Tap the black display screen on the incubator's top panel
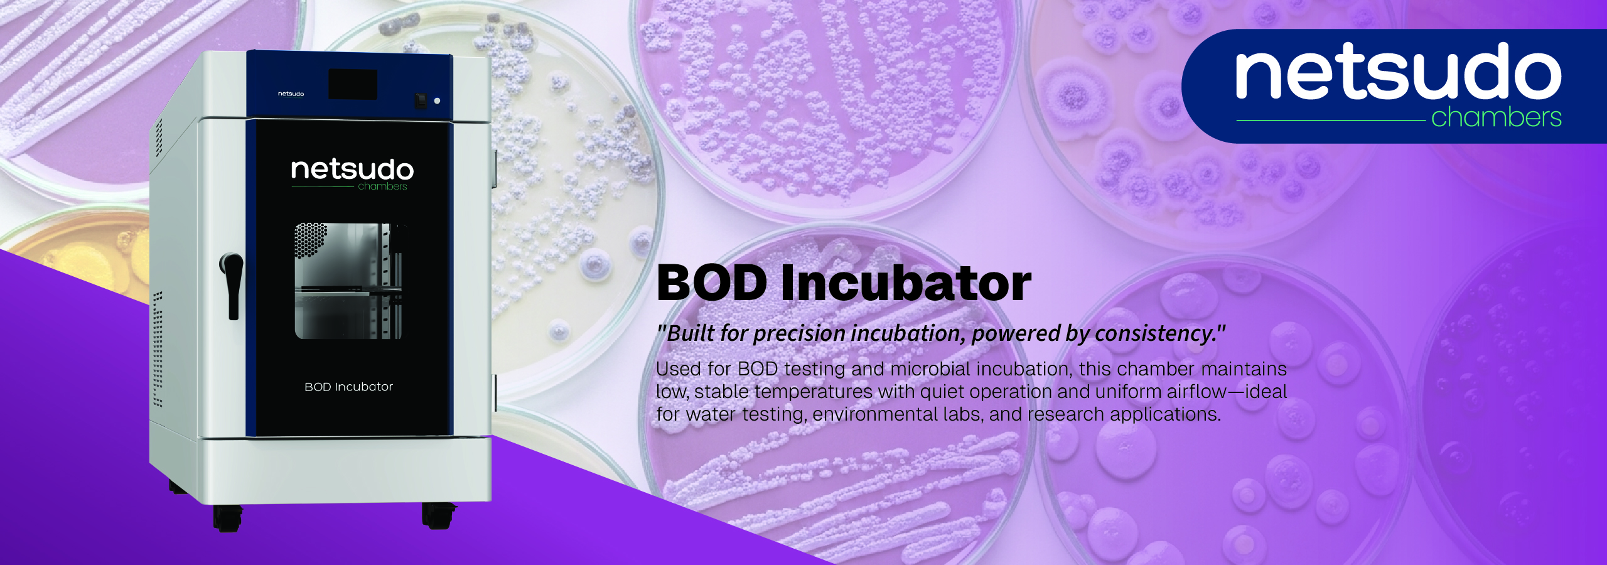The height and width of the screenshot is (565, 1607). click(x=353, y=84)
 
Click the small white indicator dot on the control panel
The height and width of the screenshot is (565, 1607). click(x=437, y=100)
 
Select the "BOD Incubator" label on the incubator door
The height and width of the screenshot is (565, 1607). click(x=348, y=387)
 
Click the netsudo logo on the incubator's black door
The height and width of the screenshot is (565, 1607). click(x=352, y=173)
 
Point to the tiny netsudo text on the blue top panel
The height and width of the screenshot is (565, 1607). click(x=291, y=94)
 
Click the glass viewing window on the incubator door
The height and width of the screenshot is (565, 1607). click(x=348, y=281)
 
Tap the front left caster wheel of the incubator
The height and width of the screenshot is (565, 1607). click(x=227, y=517)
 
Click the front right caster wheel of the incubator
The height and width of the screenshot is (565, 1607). click(x=438, y=515)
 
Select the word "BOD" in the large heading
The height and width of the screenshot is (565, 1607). click(x=712, y=283)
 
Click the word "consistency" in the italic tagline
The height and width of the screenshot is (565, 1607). click(x=1153, y=333)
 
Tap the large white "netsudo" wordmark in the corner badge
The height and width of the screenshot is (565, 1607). click(x=1398, y=72)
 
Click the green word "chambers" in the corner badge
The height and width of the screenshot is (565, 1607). click(x=1497, y=117)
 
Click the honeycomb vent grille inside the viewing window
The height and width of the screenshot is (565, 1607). click(x=311, y=240)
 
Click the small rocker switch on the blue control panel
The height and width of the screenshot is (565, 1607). click(x=421, y=100)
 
